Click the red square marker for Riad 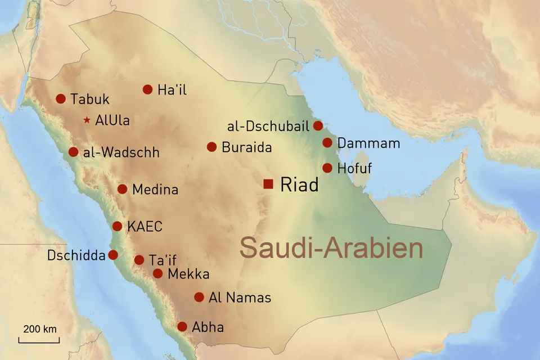[x=268, y=184]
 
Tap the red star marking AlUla [x=87, y=120]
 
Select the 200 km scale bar [x=39, y=340]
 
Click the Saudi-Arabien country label [x=331, y=248]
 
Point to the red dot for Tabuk [x=61, y=99]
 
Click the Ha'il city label [x=172, y=89]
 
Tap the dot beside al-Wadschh [x=73, y=152]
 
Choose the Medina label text [x=155, y=190]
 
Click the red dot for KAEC [x=117, y=226]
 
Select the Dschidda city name [x=76, y=256]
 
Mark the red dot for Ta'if [x=139, y=260]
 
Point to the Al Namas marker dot [x=199, y=297]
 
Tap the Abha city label [x=208, y=327]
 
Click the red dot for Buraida [x=211, y=147]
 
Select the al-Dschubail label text [x=268, y=126]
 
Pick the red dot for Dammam [x=327, y=143]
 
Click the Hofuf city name [x=354, y=168]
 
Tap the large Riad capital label [x=299, y=184]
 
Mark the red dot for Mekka [x=158, y=274]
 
